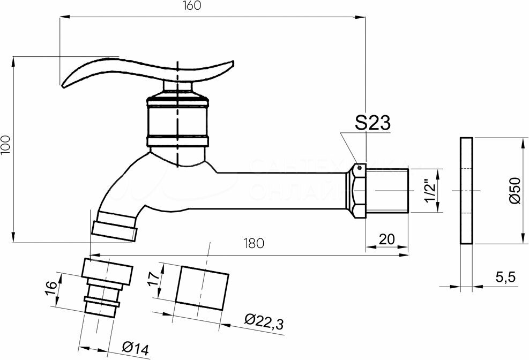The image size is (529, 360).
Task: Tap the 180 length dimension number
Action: (x=253, y=244)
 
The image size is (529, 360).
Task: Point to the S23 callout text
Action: (x=372, y=123)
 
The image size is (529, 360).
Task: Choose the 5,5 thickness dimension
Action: (x=504, y=277)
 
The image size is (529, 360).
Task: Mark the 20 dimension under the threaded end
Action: (x=387, y=239)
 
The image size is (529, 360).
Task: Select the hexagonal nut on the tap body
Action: (x=356, y=191)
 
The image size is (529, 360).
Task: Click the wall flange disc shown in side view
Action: (x=466, y=191)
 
